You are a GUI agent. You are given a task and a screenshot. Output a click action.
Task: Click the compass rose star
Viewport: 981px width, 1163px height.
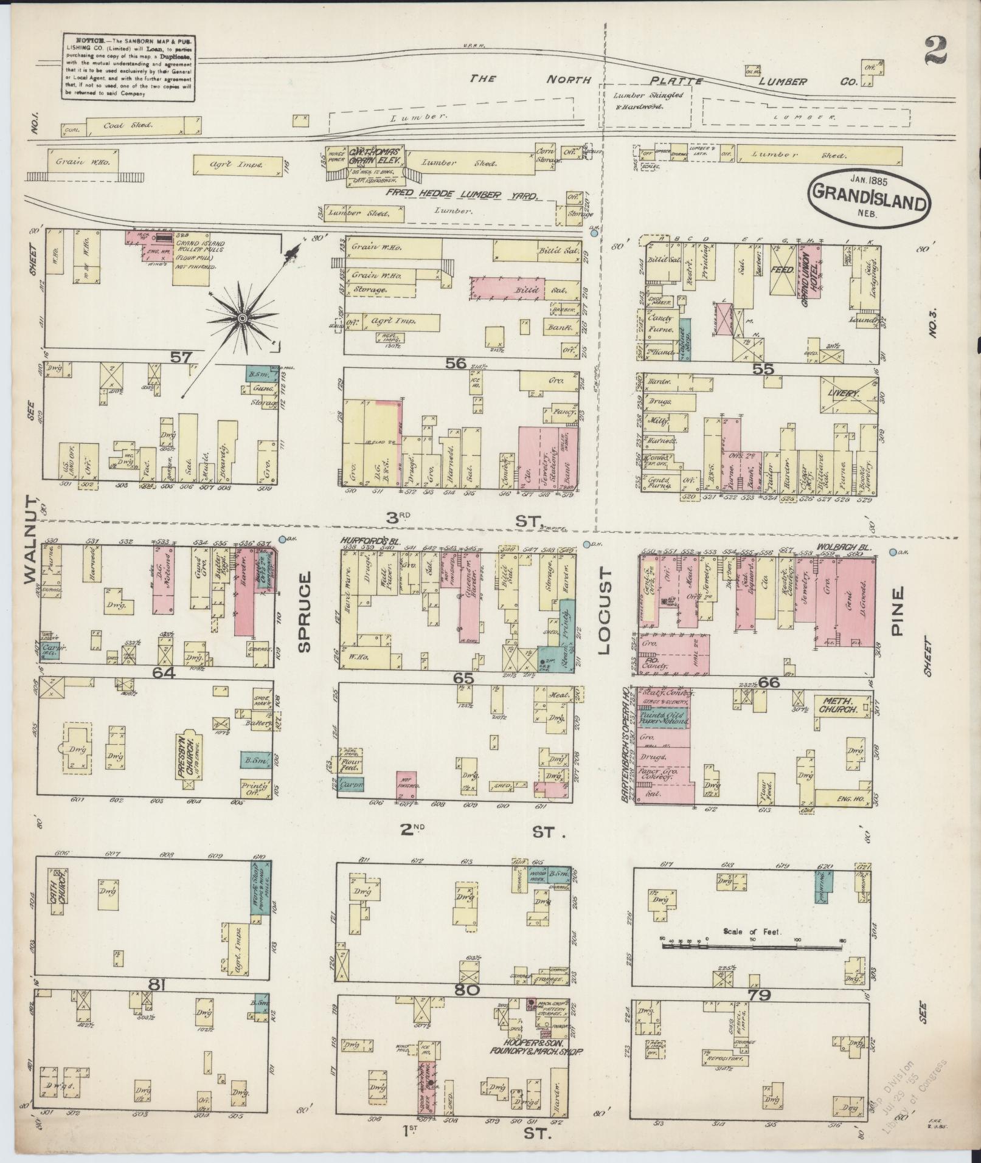click(x=242, y=318)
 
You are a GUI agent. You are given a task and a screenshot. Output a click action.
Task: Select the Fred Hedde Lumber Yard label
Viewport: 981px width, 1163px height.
click(x=463, y=195)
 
